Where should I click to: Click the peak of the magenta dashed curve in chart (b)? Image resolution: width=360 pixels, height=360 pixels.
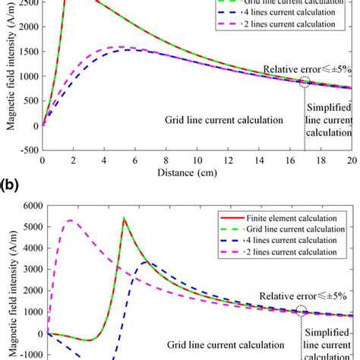pyautogui.click(x=70, y=221)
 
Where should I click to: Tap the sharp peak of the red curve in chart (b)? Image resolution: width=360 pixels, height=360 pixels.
pyautogui.click(x=124, y=219)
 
